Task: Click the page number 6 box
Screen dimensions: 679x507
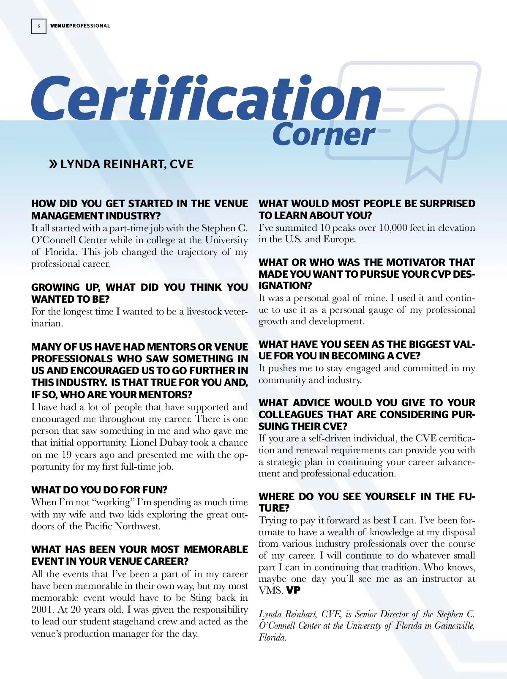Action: click(x=39, y=26)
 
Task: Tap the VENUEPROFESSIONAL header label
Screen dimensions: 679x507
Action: click(x=80, y=26)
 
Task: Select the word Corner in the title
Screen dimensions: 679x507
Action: click(x=324, y=134)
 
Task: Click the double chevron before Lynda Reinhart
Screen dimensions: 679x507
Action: click(x=53, y=164)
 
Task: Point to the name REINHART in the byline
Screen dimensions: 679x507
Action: click(x=134, y=164)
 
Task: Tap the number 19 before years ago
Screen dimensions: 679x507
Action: click(x=67, y=455)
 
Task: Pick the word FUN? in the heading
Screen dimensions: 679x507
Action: click(x=155, y=490)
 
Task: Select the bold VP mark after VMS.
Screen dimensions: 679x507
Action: click(x=293, y=590)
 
